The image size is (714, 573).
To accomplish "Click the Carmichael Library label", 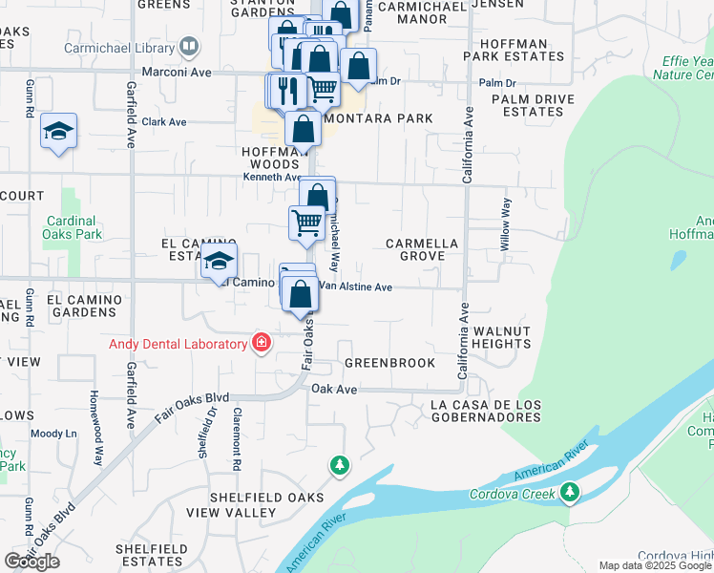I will coord(119,47).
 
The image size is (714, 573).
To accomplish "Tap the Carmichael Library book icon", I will coord(189,47).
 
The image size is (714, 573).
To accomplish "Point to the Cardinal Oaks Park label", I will coord(73,227).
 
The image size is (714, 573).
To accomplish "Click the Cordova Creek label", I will coord(512,494).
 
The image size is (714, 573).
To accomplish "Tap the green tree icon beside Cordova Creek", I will coord(570,493).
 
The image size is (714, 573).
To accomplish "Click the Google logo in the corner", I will coord(31,561).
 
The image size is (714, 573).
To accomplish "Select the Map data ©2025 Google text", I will coord(655,565).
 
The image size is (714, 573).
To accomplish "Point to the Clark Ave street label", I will coord(164,122).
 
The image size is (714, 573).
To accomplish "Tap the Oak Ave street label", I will coord(334,390).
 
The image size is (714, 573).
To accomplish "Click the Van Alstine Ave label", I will coord(355,286).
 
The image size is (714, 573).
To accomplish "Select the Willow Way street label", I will coord(506,224).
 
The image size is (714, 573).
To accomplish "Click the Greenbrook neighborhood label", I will coord(389,363).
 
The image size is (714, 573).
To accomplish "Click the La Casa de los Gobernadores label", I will coord(486,411).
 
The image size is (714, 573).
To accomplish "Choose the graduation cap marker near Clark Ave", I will coord(58,132).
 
